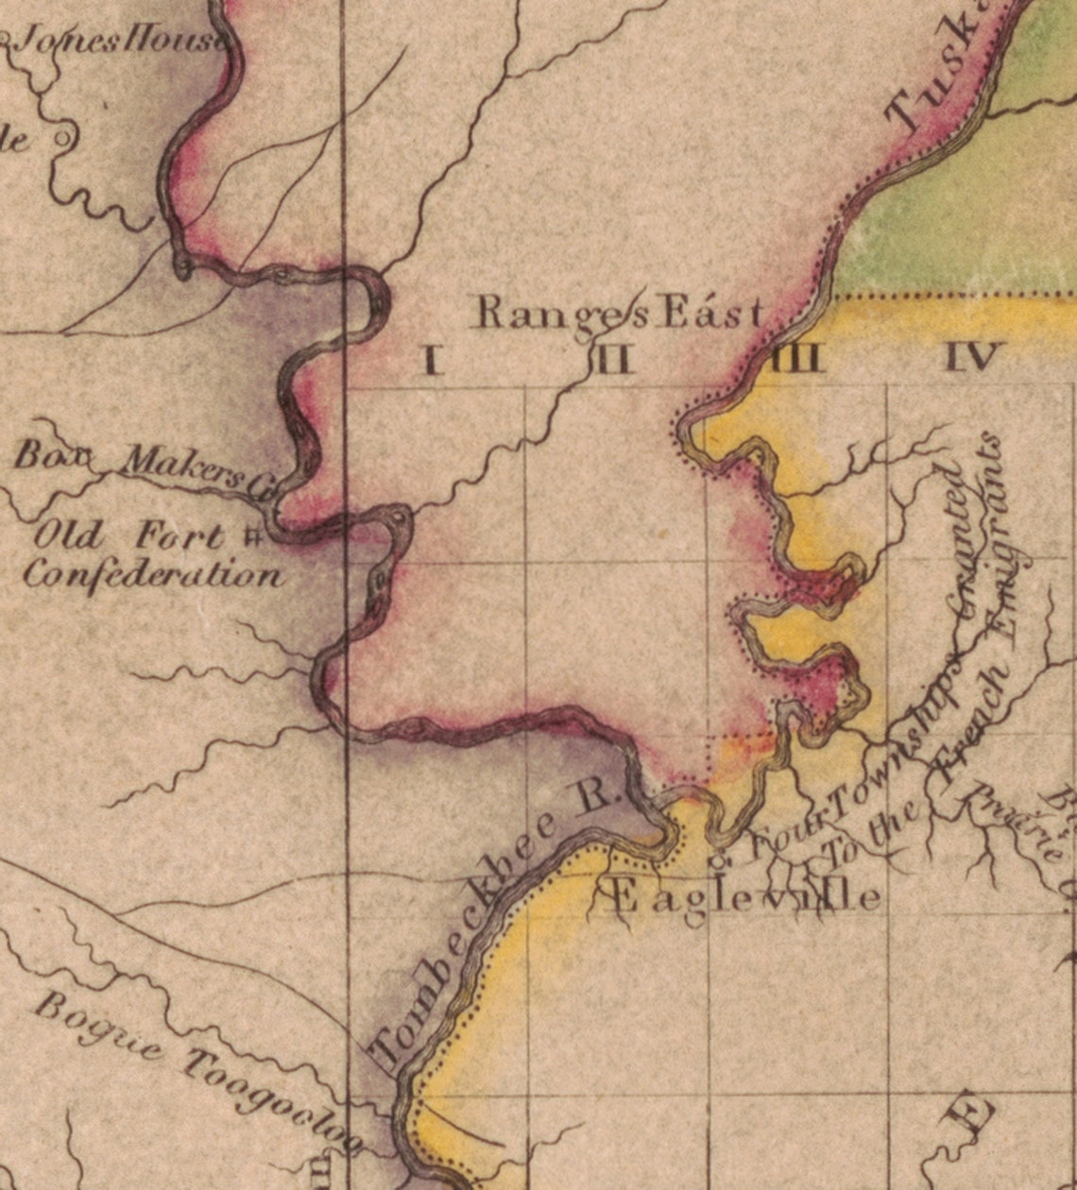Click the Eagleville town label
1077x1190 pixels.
(746, 895)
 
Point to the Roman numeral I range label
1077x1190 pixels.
(433, 360)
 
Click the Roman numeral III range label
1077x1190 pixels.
(796, 359)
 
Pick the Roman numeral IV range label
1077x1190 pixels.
(972, 357)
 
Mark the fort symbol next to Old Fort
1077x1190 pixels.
(252, 538)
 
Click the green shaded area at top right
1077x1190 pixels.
(954, 217)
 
